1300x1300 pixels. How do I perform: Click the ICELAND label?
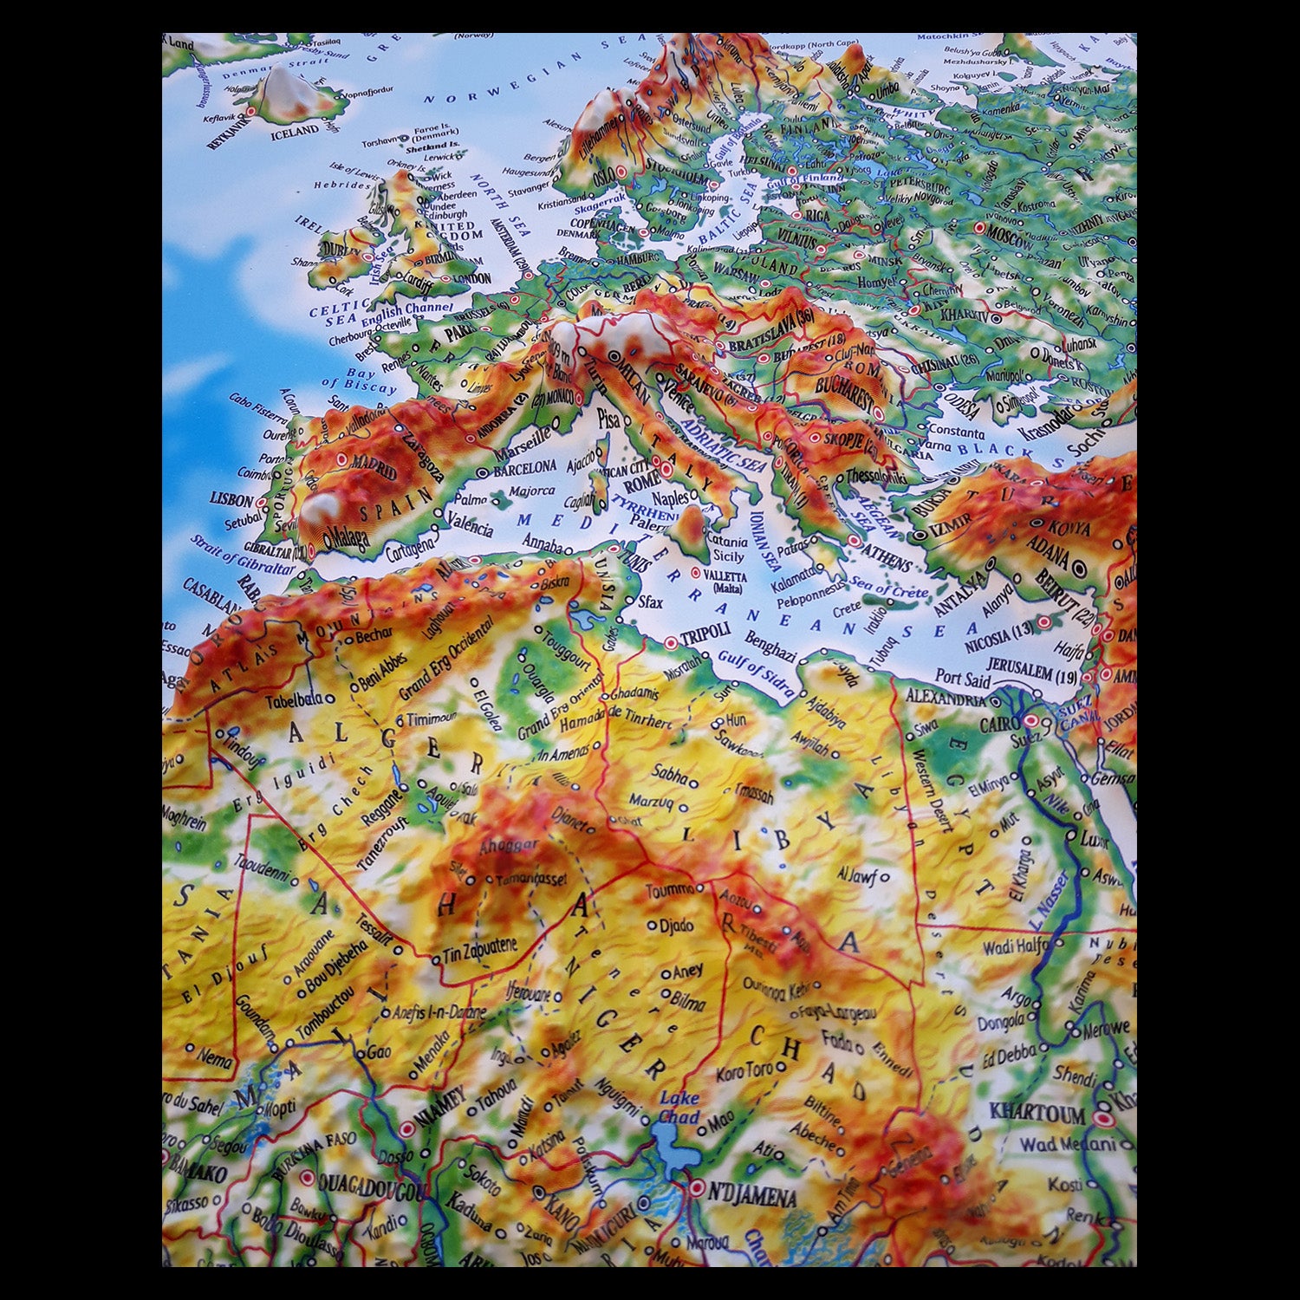coord(295,132)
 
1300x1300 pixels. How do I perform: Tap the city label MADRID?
coord(374,469)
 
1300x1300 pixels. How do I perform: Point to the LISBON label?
coord(231,500)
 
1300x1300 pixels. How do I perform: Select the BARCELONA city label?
coord(525,468)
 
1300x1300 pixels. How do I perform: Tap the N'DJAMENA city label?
coord(752,1197)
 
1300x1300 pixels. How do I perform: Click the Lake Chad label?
coord(679,1108)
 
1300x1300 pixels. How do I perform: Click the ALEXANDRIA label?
coord(946,697)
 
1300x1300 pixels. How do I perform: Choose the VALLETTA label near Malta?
coord(725,576)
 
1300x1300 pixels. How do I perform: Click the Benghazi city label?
coord(770,647)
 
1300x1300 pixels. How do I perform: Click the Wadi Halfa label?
coord(1014,946)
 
